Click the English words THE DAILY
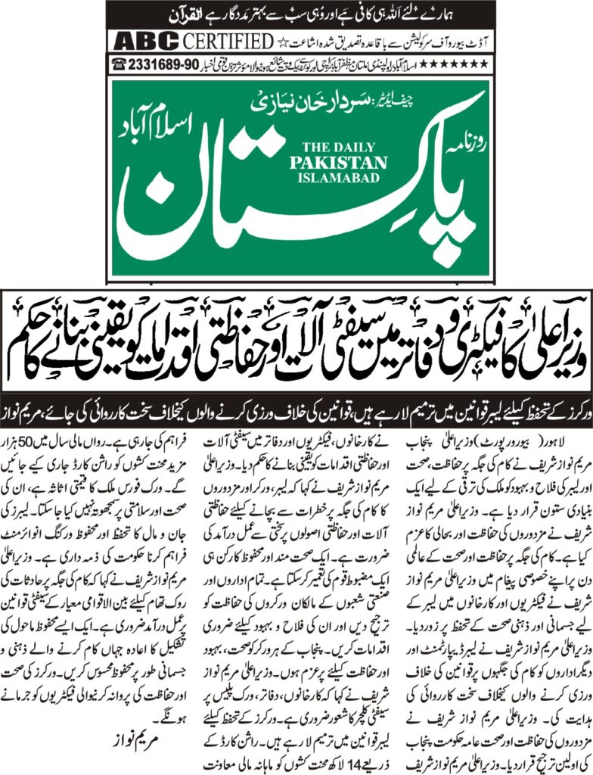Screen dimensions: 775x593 click(x=344, y=148)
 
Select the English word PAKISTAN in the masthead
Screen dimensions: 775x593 click(x=345, y=162)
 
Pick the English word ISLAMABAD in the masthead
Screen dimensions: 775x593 click(x=345, y=176)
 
